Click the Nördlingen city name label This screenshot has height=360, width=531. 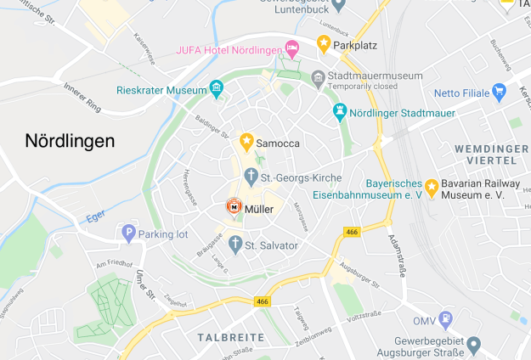coord(70,140)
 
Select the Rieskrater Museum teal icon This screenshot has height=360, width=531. coord(217,89)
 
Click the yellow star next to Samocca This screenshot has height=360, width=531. coord(246,140)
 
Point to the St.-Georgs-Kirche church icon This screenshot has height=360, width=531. coord(251,177)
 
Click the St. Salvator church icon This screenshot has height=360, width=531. coord(234,245)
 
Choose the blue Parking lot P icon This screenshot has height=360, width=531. coord(129,232)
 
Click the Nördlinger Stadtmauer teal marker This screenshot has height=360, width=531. coord(340,112)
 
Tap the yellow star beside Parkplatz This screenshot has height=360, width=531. coord(323,42)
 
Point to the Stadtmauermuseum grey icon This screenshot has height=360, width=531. coord(319,76)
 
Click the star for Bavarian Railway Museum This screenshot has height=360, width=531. coord(432,187)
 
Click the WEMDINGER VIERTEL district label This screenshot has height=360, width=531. coord(485,153)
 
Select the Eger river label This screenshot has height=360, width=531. coord(95,217)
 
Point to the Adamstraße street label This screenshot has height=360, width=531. coord(397,255)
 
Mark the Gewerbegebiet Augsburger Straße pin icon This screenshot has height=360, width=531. coord(474,344)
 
